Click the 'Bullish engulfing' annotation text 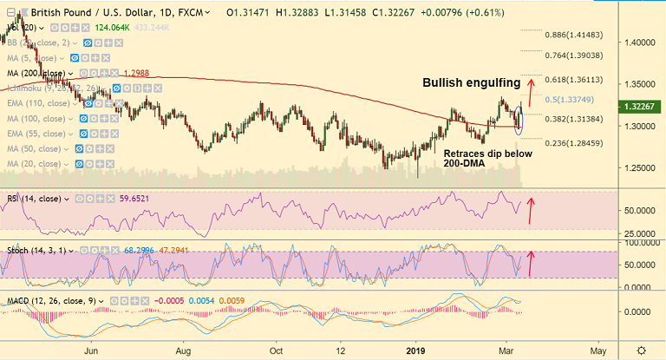tap(472, 83)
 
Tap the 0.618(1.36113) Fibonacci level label tap(572, 79)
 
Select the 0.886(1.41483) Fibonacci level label tap(572, 35)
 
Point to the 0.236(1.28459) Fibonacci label tap(572, 143)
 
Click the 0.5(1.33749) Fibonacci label tap(570, 99)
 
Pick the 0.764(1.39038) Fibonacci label tap(572, 55)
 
